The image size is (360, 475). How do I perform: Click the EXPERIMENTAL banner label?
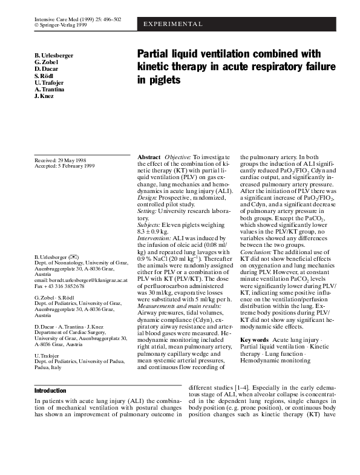tap(172, 24)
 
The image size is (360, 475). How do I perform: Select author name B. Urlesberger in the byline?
tap(54, 56)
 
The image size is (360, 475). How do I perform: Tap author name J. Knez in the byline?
tap(44, 96)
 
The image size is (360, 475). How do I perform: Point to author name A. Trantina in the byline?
tap(50, 90)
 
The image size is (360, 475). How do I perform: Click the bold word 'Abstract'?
tap(149, 157)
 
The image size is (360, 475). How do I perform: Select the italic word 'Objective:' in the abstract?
tap(178, 157)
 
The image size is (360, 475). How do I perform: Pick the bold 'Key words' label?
tap(254, 340)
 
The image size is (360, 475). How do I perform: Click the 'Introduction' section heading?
tap(50, 391)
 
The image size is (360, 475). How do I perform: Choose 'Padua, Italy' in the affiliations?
tap(48, 367)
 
